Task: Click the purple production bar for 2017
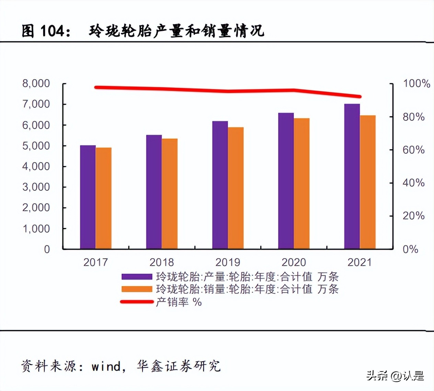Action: pyautogui.click(x=88, y=197)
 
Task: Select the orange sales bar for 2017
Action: pyautogui.click(x=104, y=198)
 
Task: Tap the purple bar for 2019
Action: pyautogui.click(x=220, y=185)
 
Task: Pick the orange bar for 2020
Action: pyautogui.click(x=301, y=183)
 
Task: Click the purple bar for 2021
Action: pyautogui.click(x=352, y=176)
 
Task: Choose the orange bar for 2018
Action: pyautogui.click(x=170, y=194)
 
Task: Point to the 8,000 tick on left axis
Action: pyautogui.click(x=36, y=83)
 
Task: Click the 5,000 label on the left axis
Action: pyautogui.click(x=36, y=146)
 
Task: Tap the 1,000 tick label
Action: pyautogui.click(x=36, y=229)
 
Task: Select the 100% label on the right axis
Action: pyautogui.click(x=416, y=83)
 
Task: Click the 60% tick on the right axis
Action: pyautogui.click(x=413, y=150)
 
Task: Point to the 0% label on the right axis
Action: pyautogui.click(x=410, y=249)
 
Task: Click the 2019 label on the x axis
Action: pyautogui.click(x=228, y=262)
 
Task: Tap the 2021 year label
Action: pyautogui.click(x=359, y=262)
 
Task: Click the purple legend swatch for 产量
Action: pyautogui.click(x=137, y=277)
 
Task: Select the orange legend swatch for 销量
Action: pyautogui.click(x=137, y=289)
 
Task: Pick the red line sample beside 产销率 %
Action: pyautogui.click(x=137, y=302)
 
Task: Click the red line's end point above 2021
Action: pyautogui.click(x=359, y=97)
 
